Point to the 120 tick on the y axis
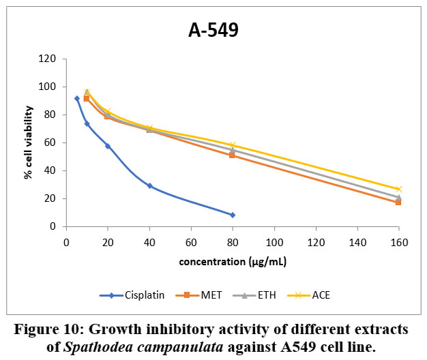click(48, 59)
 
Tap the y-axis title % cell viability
click(29, 143)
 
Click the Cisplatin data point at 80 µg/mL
click(233, 215)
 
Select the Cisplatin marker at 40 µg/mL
click(149, 185)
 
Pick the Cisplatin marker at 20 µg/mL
click(108, 146)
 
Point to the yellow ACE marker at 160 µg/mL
click(399, 189)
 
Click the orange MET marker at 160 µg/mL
click(398, 202)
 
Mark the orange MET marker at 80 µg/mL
click(232, 155)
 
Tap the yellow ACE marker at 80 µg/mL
click(233, 145)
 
